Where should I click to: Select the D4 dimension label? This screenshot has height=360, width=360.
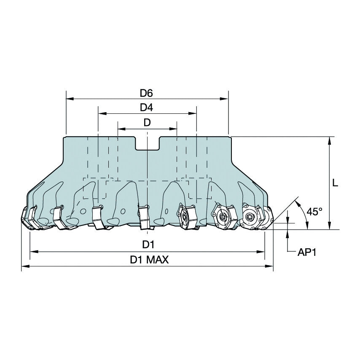click(146, 107)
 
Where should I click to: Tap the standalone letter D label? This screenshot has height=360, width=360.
click(147, 123)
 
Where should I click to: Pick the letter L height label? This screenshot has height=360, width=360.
click(335, 183)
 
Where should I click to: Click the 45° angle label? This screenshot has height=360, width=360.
click(314, 212)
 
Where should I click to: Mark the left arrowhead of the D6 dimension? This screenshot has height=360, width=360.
click(69, 99)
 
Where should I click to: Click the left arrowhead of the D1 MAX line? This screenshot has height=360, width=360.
click(24, 266)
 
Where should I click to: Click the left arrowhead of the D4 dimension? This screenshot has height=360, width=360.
click(101, 114)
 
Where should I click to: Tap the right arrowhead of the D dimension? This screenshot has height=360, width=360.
click(174, 129)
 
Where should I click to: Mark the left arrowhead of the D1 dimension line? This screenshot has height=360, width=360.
click(33, 252)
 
